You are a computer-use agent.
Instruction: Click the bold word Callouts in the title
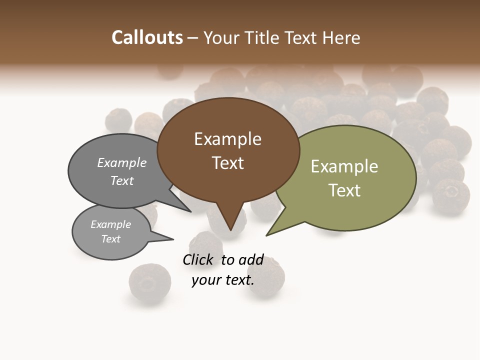[x=147, y=37]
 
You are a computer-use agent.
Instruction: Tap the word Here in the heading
[x=341, y=37]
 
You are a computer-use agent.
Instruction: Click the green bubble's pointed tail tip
[x=267, y=234]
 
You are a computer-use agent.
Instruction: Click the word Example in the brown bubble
[x=227, y=139]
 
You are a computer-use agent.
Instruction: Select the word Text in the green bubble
[x=344, y=190]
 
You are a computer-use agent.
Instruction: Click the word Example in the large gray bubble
[x=122, y=163]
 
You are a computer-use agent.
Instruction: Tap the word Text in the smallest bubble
[x=110, y=239]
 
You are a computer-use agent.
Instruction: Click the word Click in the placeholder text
[x=198, y=259]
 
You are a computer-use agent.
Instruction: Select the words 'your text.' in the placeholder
[x=223, y=280]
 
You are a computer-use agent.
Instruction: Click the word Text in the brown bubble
[x=227, y=163]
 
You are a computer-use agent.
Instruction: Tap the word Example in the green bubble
[x=344, y=166]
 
